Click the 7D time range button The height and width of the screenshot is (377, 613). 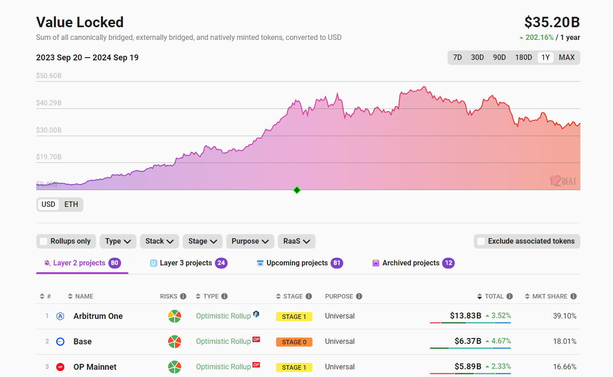(457, 58)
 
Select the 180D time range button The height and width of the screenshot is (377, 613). (523, 58)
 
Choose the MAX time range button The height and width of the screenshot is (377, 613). (566, 58)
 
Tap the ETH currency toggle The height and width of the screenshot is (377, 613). (71, 204)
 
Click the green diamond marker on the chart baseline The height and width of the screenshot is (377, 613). (297, 190)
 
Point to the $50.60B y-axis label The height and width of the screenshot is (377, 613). (49, 76)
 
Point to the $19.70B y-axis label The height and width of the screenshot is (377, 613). (49, 157)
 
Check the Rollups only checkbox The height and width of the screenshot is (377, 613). (44, 241)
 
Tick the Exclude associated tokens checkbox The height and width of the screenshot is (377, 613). (482, 241)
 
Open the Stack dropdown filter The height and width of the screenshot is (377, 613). (159, 241)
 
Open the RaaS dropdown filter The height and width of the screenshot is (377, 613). (297, 241)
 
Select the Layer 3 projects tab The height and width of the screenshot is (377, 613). (185, 263)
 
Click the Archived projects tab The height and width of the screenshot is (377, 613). (410, 263)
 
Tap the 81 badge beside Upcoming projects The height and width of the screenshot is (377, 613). (337, 263)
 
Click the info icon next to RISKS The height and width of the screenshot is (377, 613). (183, 296)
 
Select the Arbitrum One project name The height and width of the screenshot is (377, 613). (98, 316)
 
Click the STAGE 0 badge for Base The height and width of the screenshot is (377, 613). (294, 342)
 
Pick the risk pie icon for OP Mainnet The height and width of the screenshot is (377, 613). (175, 367)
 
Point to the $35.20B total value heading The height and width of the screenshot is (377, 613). (552, 22)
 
